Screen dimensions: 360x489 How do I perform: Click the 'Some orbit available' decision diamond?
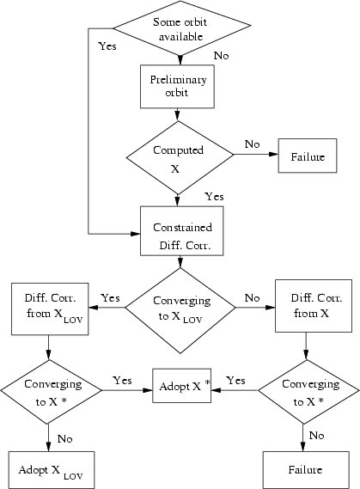click(181, 28)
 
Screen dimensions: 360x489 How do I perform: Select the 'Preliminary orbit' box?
click(177, 87)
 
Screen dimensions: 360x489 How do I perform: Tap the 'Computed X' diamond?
click(180, 158)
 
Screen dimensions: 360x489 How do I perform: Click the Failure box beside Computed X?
click(308, 156)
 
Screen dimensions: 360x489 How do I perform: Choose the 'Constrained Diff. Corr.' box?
click(181, 231)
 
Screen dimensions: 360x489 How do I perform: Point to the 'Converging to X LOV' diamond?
click(180, 310)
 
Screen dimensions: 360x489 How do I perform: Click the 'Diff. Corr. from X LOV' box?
click(50, 309)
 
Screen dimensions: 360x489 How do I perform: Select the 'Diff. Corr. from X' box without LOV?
click(314, 306)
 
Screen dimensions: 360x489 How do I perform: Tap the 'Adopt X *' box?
click(181, 386)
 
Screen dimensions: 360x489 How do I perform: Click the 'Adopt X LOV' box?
click(52, 470)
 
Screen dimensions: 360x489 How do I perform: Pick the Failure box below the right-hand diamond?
click(306, 470)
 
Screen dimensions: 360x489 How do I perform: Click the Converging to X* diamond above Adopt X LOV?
click(51, 392)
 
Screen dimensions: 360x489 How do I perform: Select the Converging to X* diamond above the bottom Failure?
click(308, 392)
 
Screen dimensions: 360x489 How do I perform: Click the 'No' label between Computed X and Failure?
click(252, 144)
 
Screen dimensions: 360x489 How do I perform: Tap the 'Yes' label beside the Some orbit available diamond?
click(107, 46)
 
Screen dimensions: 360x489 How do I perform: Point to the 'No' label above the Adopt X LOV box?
click(65, 439)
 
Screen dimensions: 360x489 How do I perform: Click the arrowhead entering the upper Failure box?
click(273, 154)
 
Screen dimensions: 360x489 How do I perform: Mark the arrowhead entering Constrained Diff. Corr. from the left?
click(136, 234)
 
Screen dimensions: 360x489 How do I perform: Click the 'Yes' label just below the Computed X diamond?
click(214, 197)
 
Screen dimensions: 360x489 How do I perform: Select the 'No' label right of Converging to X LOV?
click(252, 298)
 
